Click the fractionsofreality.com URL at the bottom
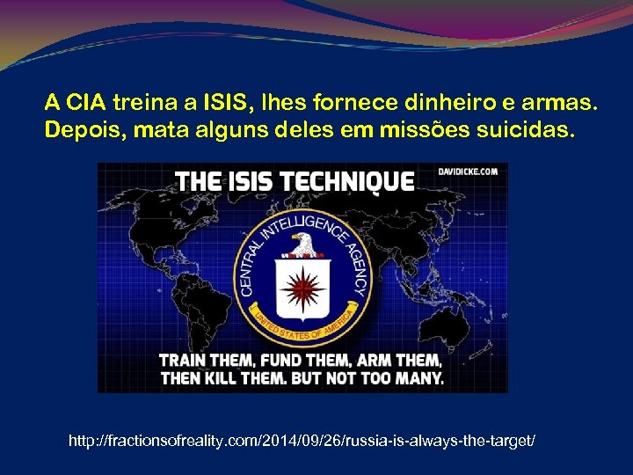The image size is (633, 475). pyautogui.click(x=301, y=437)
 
